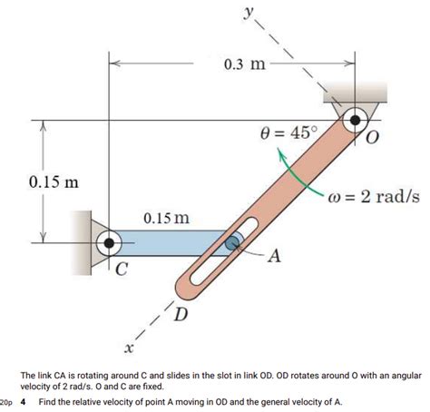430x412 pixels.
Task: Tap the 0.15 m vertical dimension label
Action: coord(54,181)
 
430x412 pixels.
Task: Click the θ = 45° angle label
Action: coord(289,133)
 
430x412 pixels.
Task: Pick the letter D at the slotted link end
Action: coord(181,315)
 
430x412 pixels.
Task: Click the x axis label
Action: coord(130,348)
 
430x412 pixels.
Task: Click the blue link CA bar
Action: coord(172,241)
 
